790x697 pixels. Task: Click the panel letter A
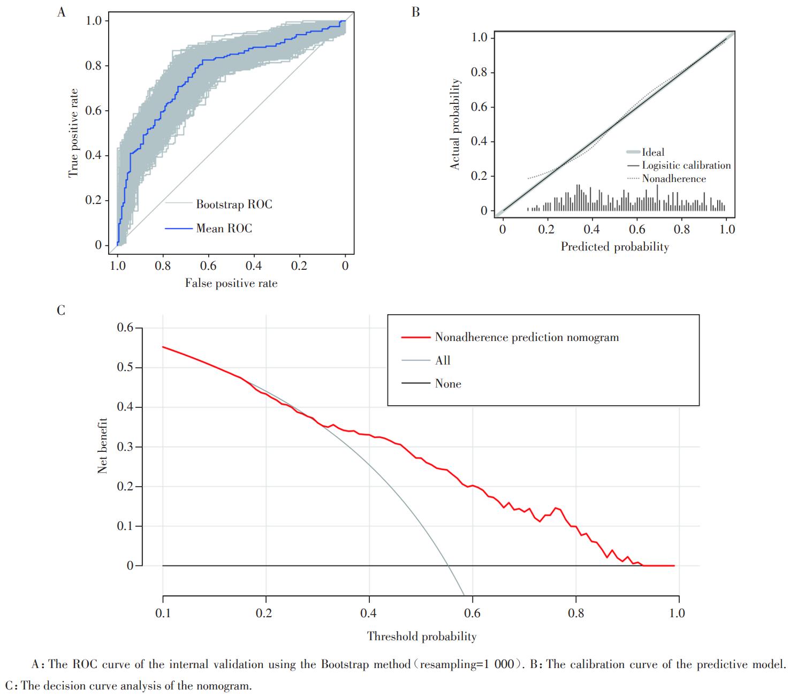pos(62,12)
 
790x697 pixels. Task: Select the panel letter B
pos(416,12)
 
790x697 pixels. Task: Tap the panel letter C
pos(61,310)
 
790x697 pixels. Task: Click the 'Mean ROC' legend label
pos(224,229)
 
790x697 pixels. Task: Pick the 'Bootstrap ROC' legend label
pos(234,204)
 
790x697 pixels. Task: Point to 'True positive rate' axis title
pos(73,133)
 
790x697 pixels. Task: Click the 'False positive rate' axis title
pos(231,283)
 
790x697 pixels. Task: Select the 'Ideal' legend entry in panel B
pos(653,153)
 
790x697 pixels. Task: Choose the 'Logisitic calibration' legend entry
pos(686,165)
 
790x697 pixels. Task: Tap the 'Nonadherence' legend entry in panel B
pos(674,179)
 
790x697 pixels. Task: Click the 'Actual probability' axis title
pos(455,125)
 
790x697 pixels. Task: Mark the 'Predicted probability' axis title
pos(614,247)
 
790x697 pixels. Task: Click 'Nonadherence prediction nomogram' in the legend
pos(527,338)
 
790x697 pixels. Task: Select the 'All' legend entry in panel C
pos(443,361)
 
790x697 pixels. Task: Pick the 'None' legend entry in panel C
pos(448,384)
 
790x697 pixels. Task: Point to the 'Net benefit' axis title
pos(103,446)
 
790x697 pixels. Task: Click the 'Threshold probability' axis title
pos(422,637)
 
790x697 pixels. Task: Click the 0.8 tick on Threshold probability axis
pos(576,613)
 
